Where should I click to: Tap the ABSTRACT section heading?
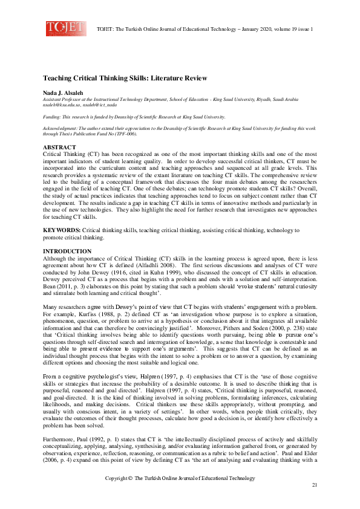tap(59, 147)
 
